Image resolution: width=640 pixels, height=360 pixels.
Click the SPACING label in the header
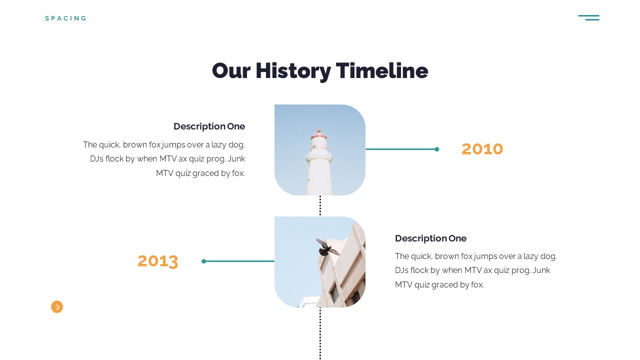point(65,18)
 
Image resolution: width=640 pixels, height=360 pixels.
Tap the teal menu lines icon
point(589,17)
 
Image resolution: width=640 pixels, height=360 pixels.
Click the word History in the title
point(293,71)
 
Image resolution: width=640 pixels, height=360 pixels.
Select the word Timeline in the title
point(381,70)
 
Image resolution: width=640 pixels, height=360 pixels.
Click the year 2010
point(482,149)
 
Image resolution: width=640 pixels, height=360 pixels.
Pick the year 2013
point(157,261)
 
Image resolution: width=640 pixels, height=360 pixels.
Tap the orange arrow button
point(57,307)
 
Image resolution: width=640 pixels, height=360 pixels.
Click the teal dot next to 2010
point(437,149)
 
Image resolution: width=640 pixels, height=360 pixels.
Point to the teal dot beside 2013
point(203,261)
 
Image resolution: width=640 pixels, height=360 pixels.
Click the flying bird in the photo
point(327,247)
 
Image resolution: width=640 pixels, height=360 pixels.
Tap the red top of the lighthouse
point(319,134)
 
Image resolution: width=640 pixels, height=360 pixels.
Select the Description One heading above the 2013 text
point(430,238)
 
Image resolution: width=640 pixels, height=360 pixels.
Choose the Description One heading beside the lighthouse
point(209,126)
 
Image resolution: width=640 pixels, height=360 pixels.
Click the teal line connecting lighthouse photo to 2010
point(400,149)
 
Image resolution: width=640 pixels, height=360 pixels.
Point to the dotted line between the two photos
point(320,205)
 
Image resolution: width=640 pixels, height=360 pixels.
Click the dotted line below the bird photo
point(320,333)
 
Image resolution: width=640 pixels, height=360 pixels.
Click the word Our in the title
point(231,71)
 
